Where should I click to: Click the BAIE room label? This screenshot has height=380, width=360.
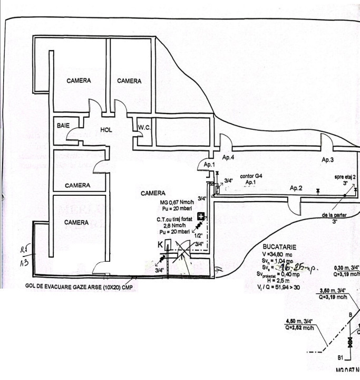64,127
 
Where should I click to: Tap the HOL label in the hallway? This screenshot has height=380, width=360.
107,129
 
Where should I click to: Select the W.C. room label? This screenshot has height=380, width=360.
144,127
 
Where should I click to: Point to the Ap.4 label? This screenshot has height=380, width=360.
228,158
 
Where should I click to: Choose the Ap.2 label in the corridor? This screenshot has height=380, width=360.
296,187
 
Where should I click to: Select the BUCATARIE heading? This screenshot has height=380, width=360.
279,246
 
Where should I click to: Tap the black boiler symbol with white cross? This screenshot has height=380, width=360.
201,216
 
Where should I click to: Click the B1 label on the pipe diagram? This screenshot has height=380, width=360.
340,357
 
